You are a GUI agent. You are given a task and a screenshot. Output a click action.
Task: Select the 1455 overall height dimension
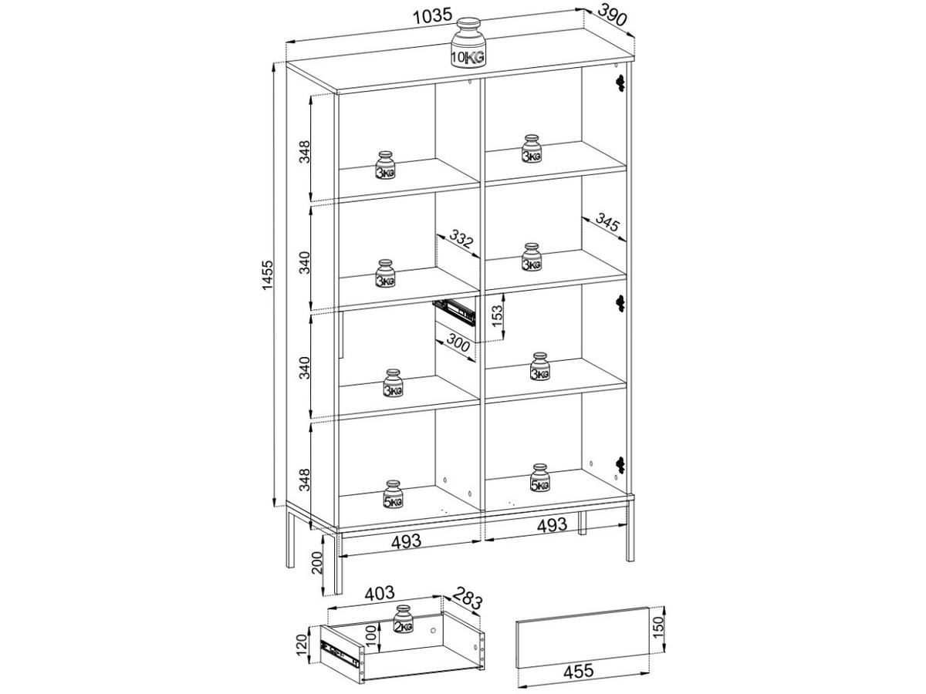(267, 286)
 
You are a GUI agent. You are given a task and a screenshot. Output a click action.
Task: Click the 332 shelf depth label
(460, 243)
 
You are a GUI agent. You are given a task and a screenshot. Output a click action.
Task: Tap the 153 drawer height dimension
(498, 315)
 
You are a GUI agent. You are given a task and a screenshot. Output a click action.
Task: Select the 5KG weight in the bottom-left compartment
(394, 495)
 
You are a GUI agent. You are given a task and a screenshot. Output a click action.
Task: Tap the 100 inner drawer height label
(370, 637)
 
